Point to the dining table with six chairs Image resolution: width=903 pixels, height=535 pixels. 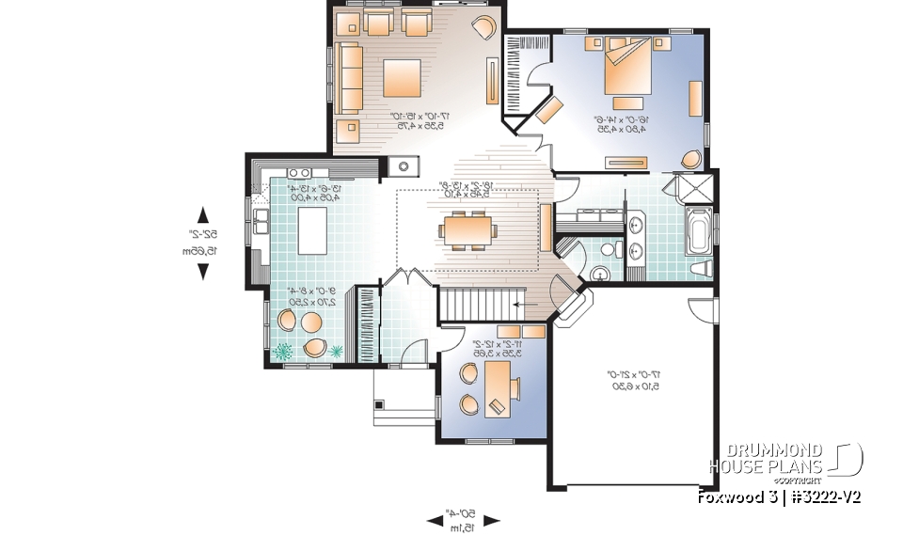(x=467, y=229)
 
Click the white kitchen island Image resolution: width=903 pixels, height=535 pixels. (x=313, y=231)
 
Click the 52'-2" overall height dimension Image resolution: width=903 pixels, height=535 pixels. (x=201, y=243)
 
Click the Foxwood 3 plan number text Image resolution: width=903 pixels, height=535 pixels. (x=779, y=496)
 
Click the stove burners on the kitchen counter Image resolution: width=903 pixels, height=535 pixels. (x=300, y=173)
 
